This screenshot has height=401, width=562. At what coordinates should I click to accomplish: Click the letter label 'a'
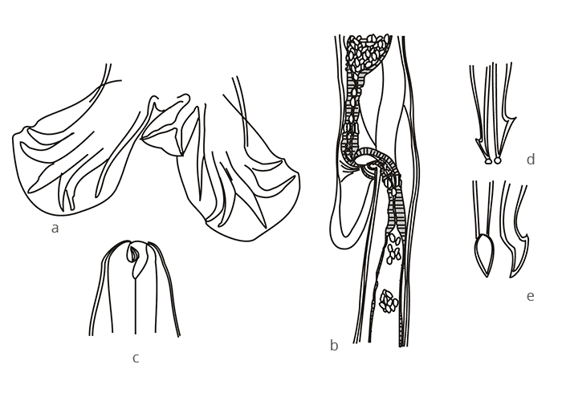(55, 229)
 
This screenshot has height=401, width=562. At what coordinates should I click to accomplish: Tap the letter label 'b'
(334, 346)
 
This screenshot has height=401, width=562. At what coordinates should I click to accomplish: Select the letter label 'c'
(136, 358)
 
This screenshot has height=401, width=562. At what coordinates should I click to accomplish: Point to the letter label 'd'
(531, 160)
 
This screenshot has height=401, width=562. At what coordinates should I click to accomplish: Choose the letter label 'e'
(530, 296)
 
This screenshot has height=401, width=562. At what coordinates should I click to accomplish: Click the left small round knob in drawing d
(487, 160)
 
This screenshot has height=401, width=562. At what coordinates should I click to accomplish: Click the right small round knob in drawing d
(498, 160)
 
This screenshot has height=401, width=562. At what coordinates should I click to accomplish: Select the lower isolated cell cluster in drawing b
(389, 302)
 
